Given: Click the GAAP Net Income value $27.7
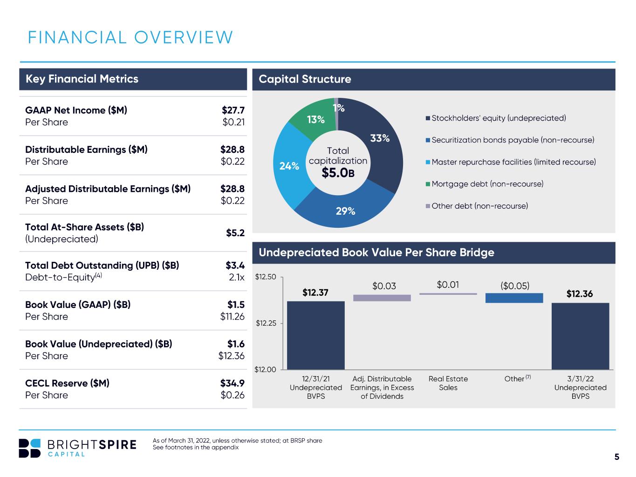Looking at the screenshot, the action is (x=233, y=110).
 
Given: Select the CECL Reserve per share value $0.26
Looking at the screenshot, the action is (x=233, y=395).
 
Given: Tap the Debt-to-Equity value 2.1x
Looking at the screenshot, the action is (x=236, y=277).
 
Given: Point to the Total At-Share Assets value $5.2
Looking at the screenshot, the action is (x=235, y=232).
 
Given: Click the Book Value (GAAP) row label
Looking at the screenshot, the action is (x=78, y=304).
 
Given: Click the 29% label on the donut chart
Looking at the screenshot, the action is (x=345, y=211).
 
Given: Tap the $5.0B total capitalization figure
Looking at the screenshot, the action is (x=338, y=173).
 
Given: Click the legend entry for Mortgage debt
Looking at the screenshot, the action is (x=485, y=184).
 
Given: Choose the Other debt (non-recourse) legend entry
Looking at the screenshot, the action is (x=477, y=206).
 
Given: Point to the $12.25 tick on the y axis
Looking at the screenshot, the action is (x=266, y=323).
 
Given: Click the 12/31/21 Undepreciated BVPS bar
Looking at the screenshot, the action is (x=315, y=335).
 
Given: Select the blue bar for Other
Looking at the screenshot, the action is (x=514, y=298).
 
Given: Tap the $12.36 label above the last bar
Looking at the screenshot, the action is (x=580, y=293).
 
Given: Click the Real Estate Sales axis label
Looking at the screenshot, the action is (x=448, y=383).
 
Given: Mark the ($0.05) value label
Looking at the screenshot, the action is (x=514, y=286).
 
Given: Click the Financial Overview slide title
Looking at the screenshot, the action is (x=130, y=37).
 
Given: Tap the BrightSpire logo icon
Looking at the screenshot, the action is (x=29, y=448).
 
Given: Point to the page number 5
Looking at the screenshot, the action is (x=616, y=457).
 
